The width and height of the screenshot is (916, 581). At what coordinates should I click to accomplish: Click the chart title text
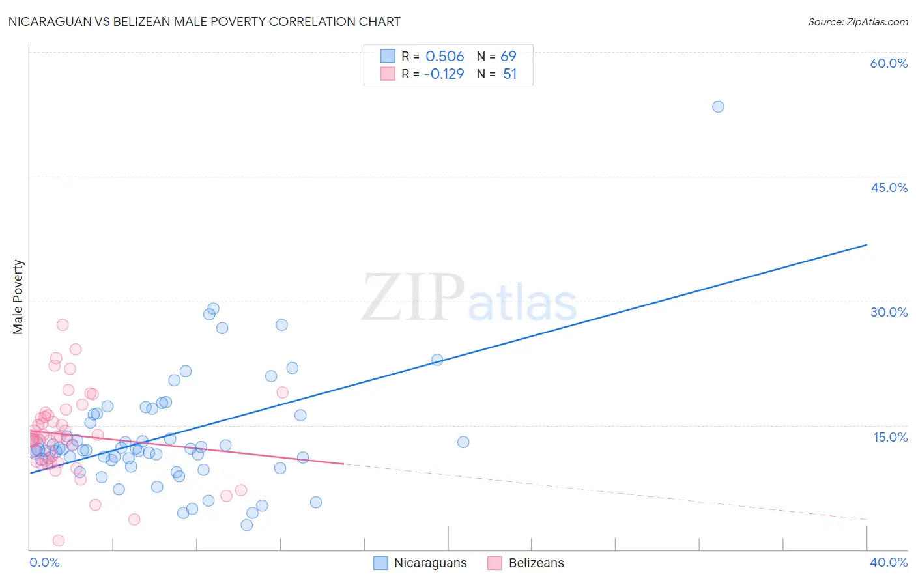point(204,21)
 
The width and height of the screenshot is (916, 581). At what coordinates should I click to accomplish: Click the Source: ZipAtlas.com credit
point(857,21)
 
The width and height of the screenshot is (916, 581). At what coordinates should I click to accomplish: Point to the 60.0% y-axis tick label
point(889,63)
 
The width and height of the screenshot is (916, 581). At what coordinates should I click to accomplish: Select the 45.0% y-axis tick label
point(889,188)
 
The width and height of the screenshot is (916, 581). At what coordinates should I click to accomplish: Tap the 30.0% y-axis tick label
point(889,312)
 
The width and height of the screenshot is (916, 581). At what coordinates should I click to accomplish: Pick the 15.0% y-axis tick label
point(890,437)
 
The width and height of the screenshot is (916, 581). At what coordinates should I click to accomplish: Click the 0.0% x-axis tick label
point(44,562)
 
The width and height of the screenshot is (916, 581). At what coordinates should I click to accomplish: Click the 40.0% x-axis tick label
point(889,562)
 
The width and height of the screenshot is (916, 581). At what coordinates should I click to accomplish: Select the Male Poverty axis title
point(18,297)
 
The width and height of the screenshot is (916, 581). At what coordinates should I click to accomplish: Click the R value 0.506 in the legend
point(444,56)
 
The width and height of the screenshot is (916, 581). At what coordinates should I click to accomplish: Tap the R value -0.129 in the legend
point(444,74)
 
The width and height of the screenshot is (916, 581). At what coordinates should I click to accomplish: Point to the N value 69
point(508,56)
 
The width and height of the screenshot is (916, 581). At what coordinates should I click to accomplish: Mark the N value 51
point(509,74)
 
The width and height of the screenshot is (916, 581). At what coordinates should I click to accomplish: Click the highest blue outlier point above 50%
point(718,107)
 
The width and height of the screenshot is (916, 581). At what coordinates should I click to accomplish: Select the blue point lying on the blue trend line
point(437,360)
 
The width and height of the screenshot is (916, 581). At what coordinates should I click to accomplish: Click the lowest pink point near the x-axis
point(58,541)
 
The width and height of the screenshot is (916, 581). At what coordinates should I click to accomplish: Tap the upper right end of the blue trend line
point(866,245)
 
